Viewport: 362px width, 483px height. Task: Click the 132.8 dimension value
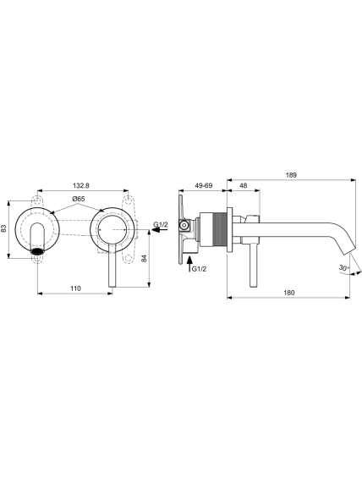point(80,185)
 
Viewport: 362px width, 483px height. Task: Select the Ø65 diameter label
point(79,199)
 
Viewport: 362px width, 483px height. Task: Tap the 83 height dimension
point(3,228)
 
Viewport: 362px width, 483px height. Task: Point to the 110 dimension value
point(75,288)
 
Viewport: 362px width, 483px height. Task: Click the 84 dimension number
point(144,259)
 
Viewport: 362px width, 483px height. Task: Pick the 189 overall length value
point(291,175)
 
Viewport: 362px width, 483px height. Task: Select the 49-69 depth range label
point(204,185)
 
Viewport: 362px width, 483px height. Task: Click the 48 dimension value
point(244,185)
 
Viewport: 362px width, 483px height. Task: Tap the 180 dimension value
point(289,293)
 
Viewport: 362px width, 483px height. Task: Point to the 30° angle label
point(344,267)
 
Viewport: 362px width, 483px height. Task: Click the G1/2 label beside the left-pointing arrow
point(161,224)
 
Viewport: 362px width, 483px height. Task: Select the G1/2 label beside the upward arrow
point(199,269)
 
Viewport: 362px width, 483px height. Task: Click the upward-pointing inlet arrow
point(189,264)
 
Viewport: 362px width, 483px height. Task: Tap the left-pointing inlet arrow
point(160,230)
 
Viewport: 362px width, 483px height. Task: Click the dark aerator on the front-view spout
point(37,250)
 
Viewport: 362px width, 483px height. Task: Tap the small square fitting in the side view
point(184,226)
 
